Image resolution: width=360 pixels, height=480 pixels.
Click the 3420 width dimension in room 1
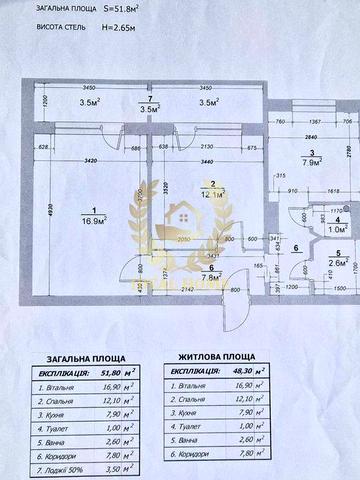click(x=86, y=159)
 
